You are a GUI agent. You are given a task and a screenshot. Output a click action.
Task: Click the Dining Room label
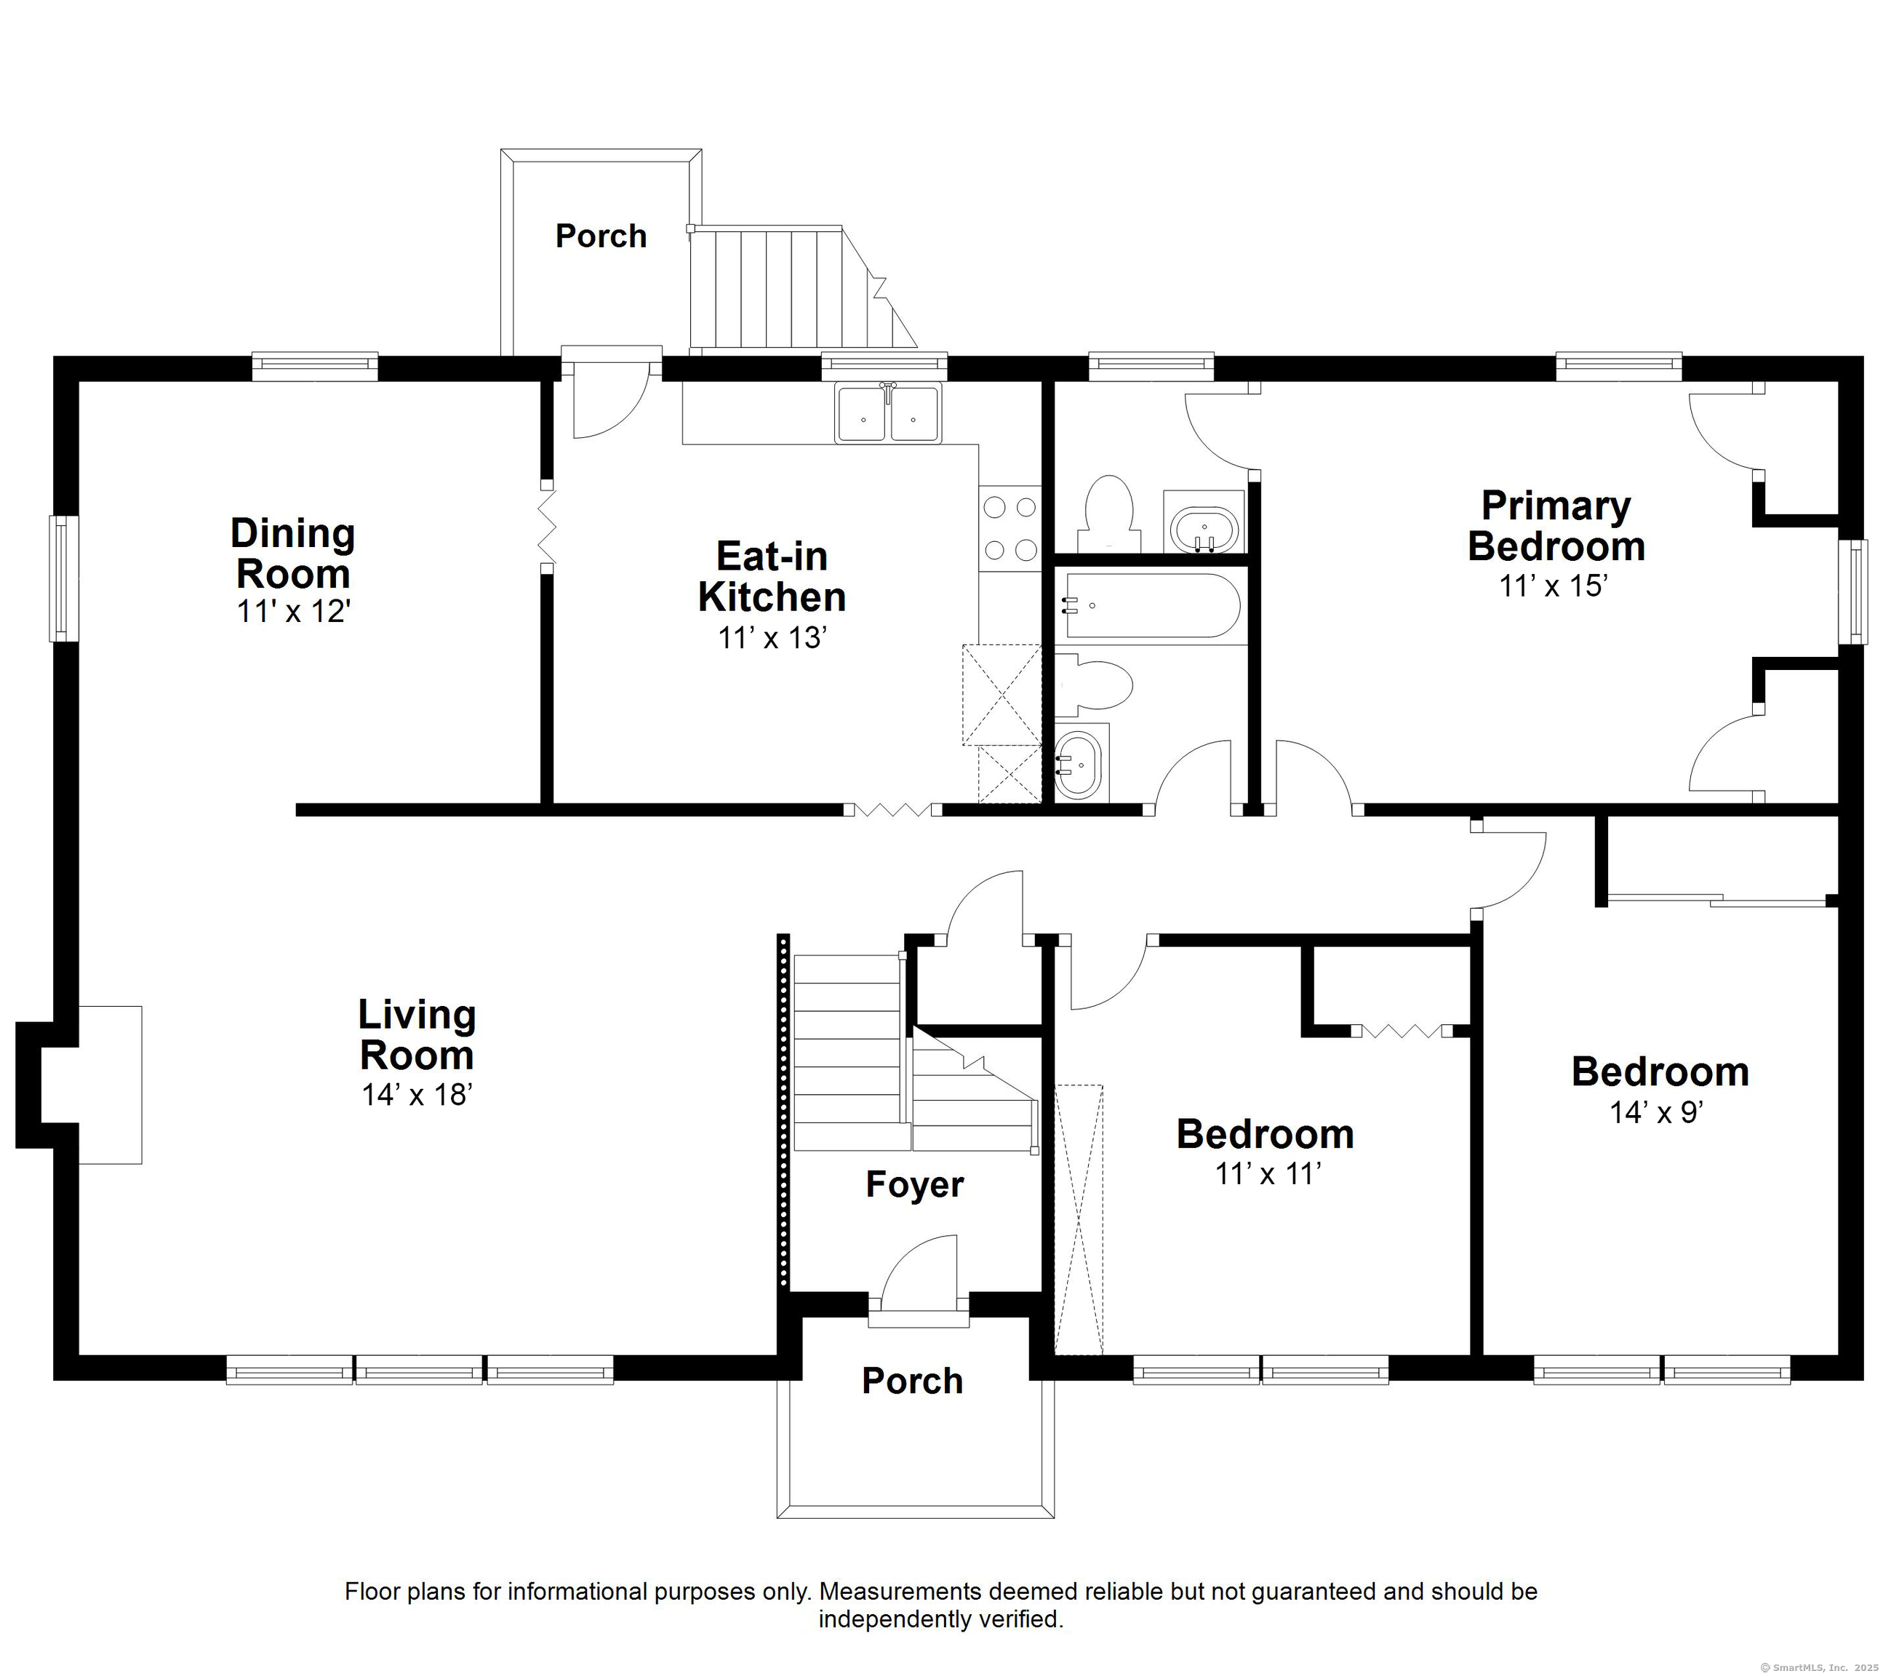tap(293, 553)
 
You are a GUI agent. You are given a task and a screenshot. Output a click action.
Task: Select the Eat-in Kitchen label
tap(772, 576)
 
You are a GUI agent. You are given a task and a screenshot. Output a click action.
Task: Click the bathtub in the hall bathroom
tap(1151, 605)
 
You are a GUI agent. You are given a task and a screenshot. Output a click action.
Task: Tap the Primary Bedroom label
tap(1556, 525)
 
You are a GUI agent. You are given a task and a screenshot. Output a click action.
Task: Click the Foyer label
tap(915, 1185)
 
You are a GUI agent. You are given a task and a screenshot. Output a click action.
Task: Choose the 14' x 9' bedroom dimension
tap(1656, 1112)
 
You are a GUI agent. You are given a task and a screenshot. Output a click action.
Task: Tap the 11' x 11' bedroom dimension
tap(1268, 1174)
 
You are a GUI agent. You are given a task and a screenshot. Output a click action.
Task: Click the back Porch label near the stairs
tap(601, 236)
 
